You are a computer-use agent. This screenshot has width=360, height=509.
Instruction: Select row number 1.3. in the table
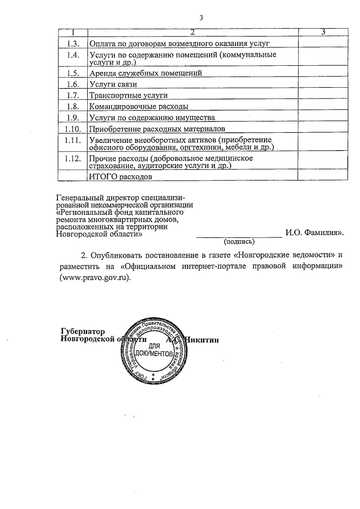point(73,43)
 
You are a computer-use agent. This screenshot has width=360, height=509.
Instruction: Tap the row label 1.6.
point(73,84)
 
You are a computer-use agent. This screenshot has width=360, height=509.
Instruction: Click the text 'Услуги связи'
point(113,84)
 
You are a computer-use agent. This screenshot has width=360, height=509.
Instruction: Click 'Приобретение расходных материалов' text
point(157,129)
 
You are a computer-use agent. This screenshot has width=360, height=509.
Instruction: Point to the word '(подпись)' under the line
point(239,241)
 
